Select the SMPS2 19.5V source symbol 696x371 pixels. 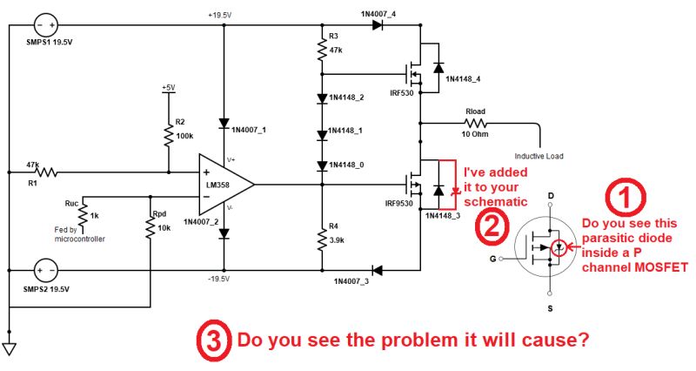point(44,268)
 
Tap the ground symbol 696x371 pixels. point(9,348)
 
